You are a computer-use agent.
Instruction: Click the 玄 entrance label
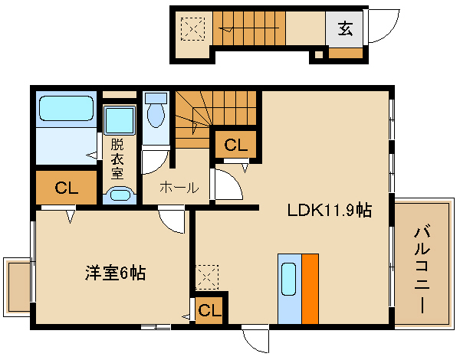345,30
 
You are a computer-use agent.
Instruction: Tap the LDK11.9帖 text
330,210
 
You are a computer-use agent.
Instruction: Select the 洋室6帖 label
115,271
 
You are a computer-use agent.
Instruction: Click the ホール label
179,187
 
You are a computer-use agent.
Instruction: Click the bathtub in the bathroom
65,109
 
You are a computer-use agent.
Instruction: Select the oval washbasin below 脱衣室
119,195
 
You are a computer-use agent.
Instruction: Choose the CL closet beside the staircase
235,143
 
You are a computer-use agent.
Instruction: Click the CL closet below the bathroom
66,188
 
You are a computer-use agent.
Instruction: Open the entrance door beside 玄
381,29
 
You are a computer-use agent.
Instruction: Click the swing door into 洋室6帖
173,221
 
